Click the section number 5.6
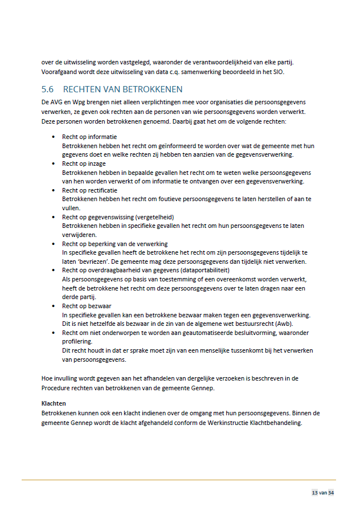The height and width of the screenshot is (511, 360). (48, 89)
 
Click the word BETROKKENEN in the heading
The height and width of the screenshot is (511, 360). (154, 89)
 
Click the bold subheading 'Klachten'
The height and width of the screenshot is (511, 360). (54, 403)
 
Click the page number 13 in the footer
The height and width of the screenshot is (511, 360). (314, 493)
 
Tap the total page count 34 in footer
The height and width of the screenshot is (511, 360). (331, 493)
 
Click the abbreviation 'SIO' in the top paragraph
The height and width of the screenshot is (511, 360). (277, 72)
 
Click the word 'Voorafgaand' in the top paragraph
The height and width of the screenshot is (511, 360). (59, 72)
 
